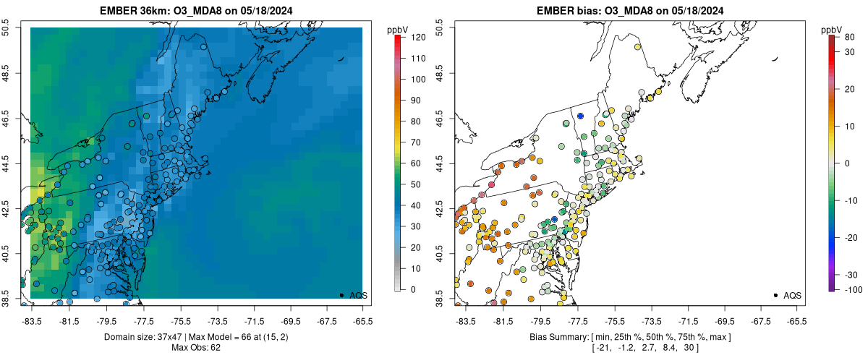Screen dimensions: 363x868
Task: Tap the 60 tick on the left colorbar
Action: (x=408, y=163)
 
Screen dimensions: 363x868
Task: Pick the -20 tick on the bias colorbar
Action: (x=845, y=237)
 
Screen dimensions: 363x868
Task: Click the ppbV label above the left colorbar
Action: (x=398, y=28)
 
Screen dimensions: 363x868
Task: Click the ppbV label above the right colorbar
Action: (x=833, y=28)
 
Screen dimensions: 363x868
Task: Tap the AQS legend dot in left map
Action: (x=341, y=295)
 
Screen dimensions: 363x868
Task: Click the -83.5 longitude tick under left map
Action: (x=31, y=321)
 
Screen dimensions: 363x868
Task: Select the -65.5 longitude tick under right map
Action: (x=796, y=321)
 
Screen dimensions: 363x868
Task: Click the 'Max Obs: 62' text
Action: (x=196, y=348)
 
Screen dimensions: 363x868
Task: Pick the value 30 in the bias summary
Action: (x=693, y=349)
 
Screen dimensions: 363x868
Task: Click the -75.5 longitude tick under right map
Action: (x=615, y=321)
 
